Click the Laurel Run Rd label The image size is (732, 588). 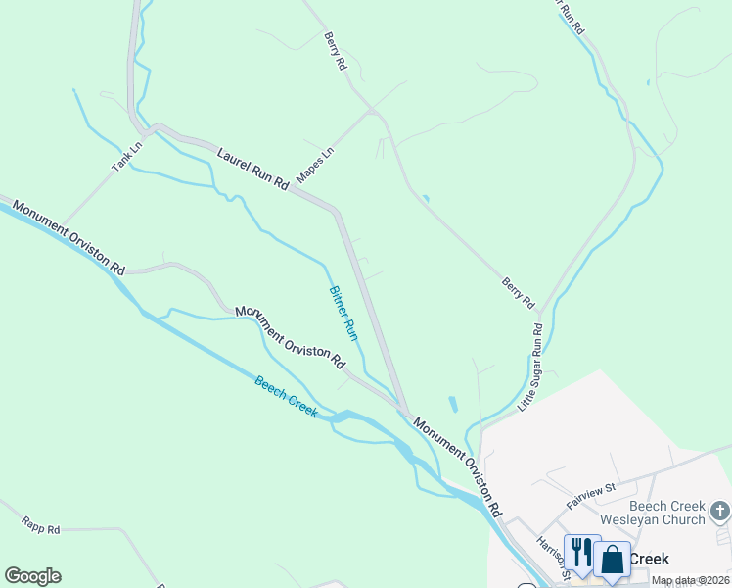[253, 169]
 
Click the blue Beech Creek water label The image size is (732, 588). [286, 397]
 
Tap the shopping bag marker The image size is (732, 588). [613, 560]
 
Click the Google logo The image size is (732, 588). [32, 576]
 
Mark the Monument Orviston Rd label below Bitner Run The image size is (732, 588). [290, 337]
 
